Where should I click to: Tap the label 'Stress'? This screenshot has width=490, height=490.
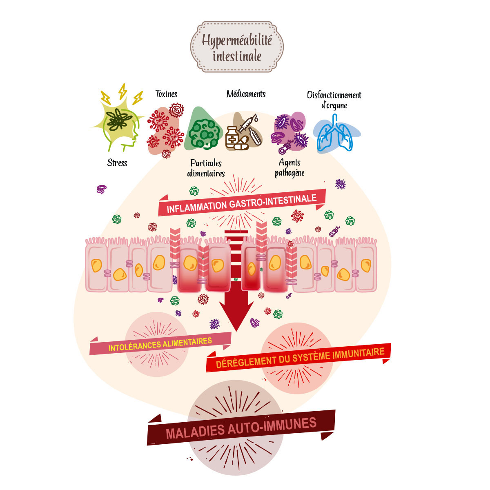[x=117, y=163]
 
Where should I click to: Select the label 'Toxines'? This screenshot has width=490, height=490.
[x=166, y=94]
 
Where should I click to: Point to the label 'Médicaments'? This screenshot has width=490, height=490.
[x=246, y=94]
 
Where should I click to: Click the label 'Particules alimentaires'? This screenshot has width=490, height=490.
[x=206, y=168]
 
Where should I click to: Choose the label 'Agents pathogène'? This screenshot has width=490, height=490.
[x=290, y=168]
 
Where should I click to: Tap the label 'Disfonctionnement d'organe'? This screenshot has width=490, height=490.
[x=334, y=100]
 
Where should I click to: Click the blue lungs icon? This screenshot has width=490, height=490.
[x=335, y=133]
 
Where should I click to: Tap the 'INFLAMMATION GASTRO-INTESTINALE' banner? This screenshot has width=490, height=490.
[x=242, y=203]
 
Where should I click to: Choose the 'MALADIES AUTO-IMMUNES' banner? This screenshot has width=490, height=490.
[x=241, y=428]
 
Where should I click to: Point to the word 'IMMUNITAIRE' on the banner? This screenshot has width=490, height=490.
[x=359, y=353]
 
